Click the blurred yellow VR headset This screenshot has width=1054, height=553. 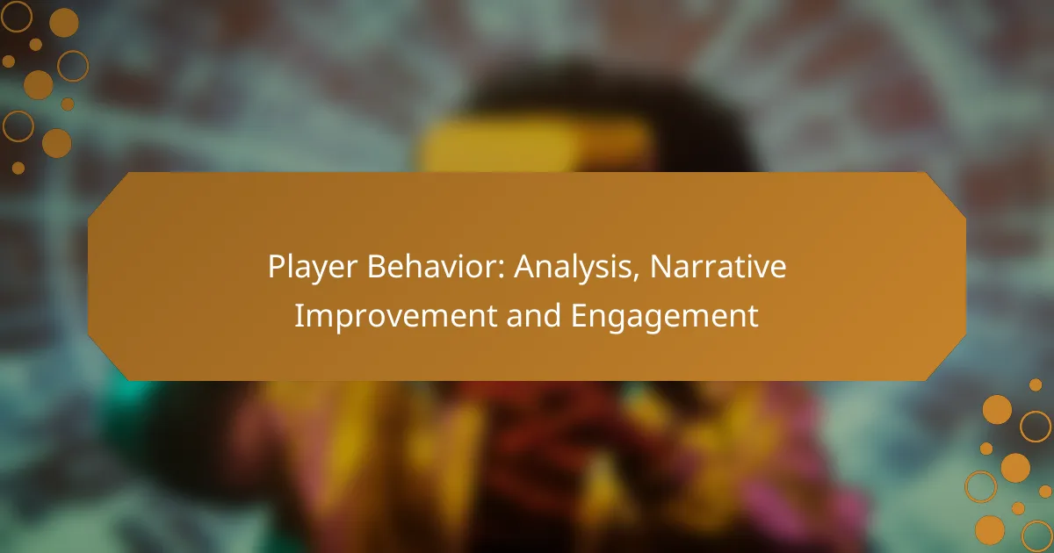(x=536, y=145)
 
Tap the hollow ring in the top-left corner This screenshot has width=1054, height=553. (x=16, y=16)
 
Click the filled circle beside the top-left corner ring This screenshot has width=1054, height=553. (x=63, y=22)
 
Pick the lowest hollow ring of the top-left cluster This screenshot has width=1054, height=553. (x=18, y=126)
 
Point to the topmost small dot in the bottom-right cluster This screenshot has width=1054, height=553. (x=1036, y=384)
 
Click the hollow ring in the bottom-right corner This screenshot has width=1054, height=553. (x=1037, y=535)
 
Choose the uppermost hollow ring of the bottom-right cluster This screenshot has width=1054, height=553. (x=1036, y=427)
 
